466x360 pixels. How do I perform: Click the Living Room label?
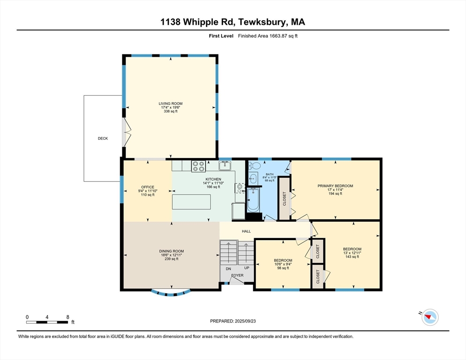coord(171,104)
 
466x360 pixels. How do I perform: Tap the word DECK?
coord(103,139)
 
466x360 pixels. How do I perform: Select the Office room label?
coord(148,187)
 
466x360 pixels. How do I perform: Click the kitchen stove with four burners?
coord(198,166)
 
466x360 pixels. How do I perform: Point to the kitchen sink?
coord(225,165)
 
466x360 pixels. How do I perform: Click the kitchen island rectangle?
coord(191,202)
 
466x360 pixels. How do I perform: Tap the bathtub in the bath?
coord(253,200)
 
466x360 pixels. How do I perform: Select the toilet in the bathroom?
coord(255,165)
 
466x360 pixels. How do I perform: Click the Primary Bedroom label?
coord(335,186)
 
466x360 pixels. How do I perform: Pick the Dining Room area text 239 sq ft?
coord(172,259)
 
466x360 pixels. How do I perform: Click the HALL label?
coord(247,231)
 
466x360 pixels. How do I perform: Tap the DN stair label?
coord(228,269)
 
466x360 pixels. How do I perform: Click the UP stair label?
coord(247,268)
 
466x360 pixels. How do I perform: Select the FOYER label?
coord(238,276)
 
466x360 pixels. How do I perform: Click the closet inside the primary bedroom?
coord(284,199)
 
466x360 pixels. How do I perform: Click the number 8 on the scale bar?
coord(68,317)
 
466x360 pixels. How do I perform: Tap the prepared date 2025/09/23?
coord(245,321)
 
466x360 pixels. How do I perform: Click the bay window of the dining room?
coord(171,293)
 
